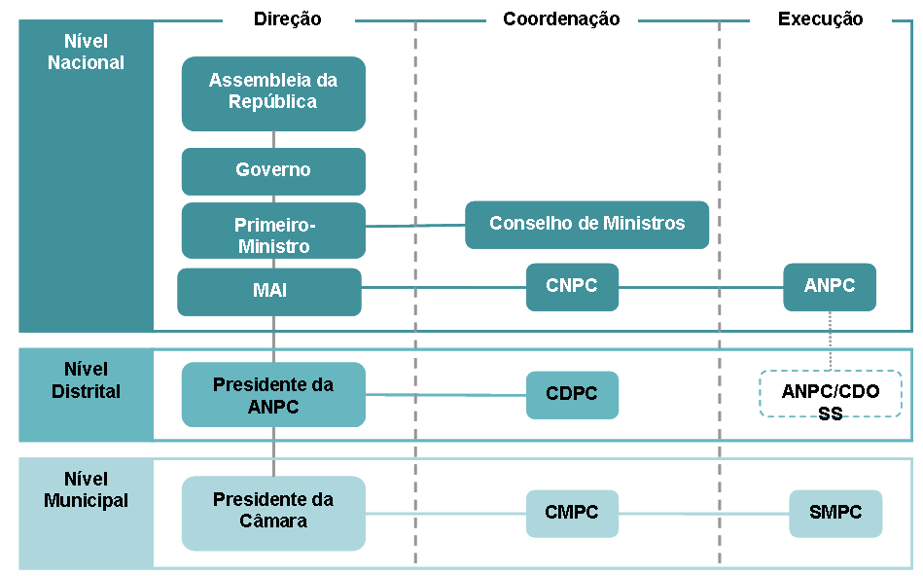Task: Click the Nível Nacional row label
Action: point(86,53)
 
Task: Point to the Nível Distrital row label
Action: point(86,380)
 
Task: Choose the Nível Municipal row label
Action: point(86,490)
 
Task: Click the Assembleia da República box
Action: point(273,92)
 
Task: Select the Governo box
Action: point(273,170)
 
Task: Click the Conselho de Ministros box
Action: point(586,224)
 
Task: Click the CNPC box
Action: point(572,287)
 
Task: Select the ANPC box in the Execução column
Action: point(830,287)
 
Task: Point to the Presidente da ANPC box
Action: point(273,395)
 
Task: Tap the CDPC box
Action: point(572,395)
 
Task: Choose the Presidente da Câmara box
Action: point(273,513)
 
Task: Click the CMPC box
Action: point(572,513)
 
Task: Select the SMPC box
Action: point(835,513)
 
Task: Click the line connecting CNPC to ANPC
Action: point(700,288)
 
